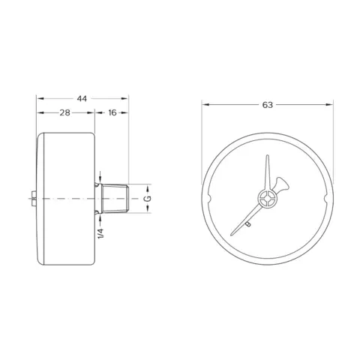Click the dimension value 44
82,99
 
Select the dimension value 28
64,112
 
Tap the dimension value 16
112,112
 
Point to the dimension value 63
268,105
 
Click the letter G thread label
148,199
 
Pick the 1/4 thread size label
100,233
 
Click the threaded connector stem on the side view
115,199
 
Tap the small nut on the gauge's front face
33,199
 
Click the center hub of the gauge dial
267,199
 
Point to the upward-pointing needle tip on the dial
268,156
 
